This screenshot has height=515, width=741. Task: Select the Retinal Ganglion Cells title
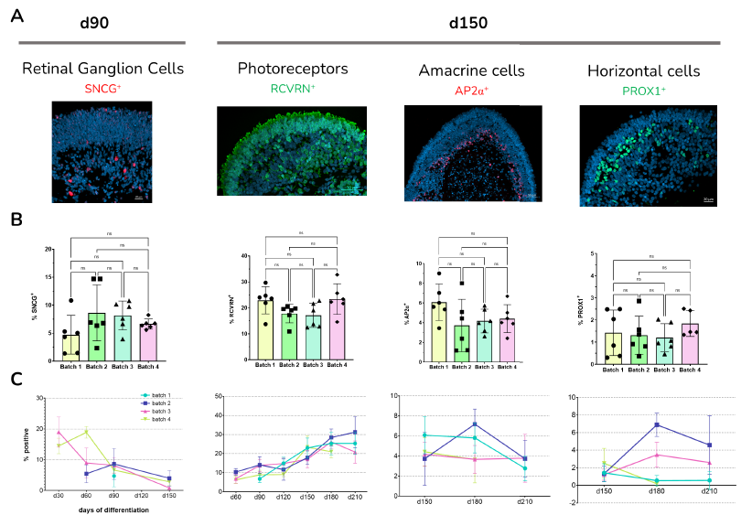102,69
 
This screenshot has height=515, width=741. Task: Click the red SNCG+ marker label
102,88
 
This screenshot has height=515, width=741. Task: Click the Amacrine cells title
471,70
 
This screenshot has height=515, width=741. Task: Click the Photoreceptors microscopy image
293,152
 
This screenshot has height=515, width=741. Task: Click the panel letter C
16,378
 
